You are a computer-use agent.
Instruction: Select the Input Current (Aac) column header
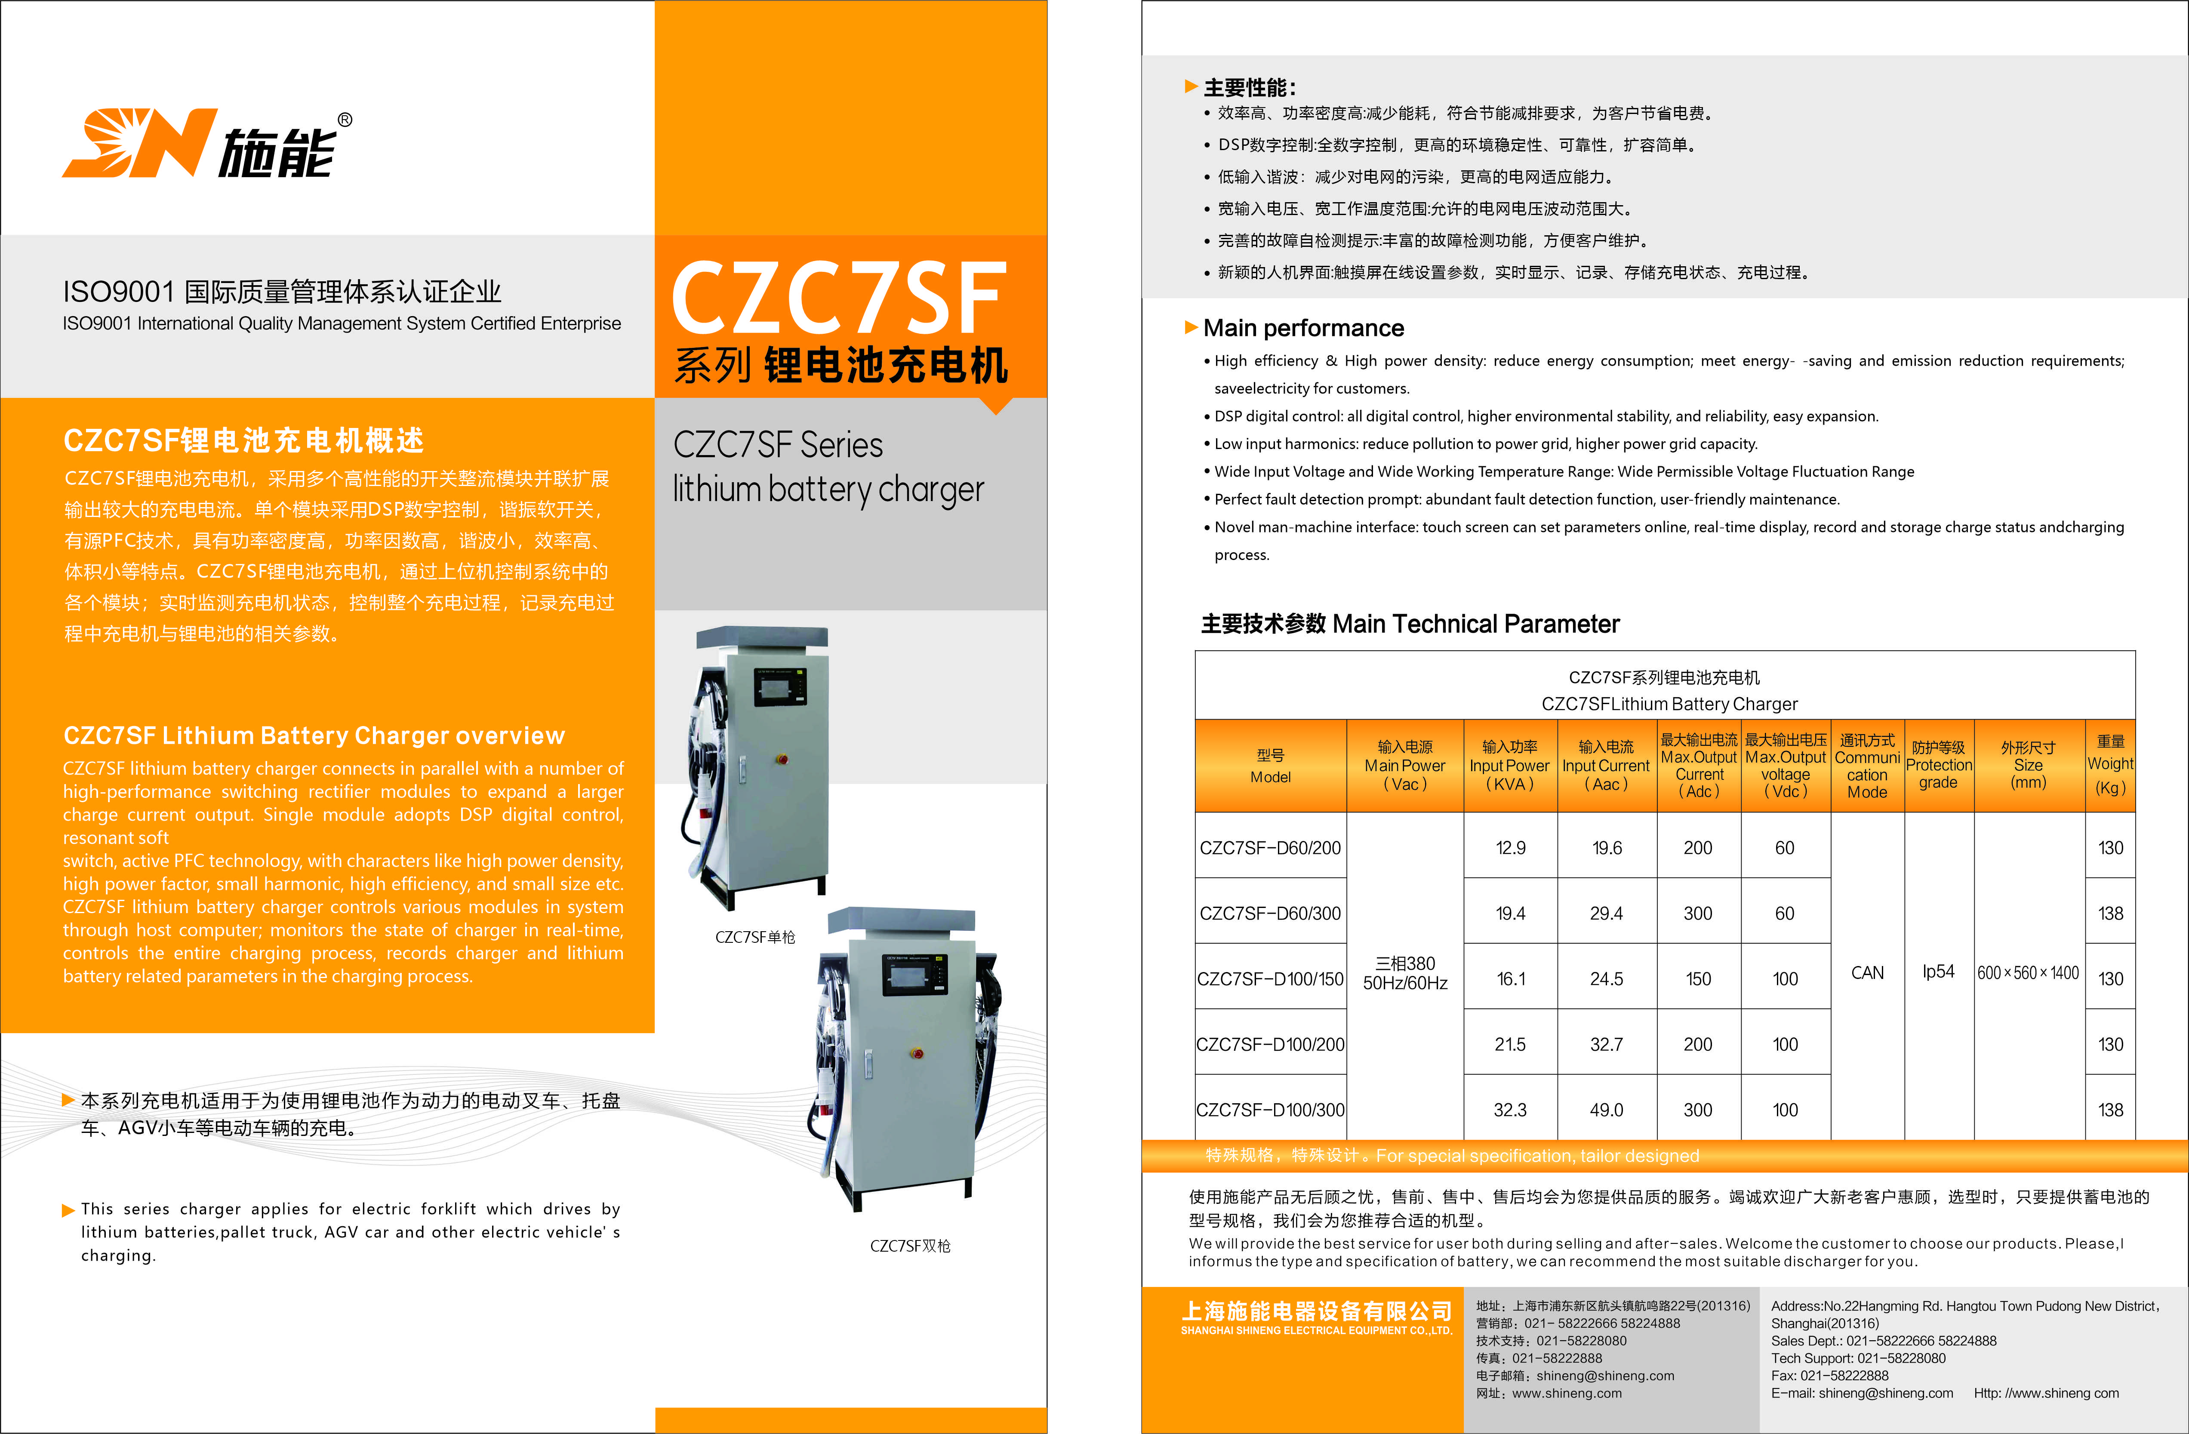(1606, 765)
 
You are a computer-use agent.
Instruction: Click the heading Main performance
(1303, 328)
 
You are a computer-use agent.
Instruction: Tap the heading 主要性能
(1249, 87)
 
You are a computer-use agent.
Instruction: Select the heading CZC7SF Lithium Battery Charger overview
(314, 736)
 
